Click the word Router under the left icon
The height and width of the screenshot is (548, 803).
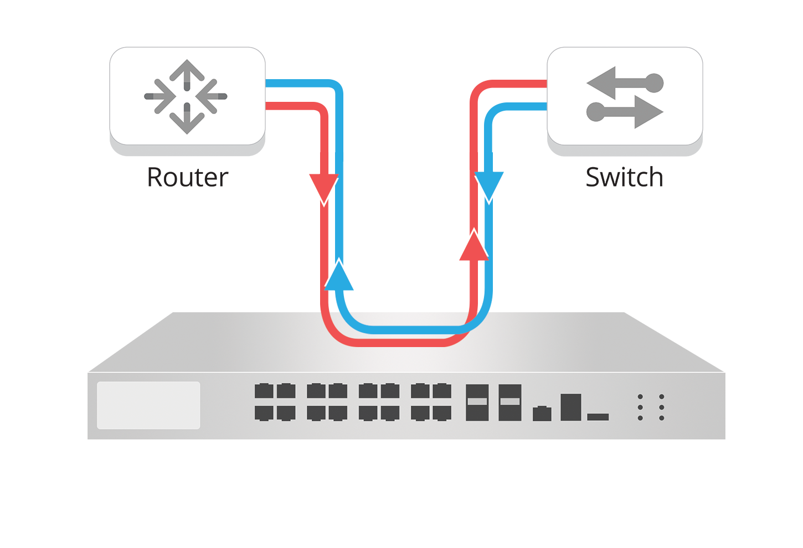[187, 178]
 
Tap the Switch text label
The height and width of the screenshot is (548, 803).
[624, 178]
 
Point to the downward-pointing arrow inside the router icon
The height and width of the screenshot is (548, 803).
[187, 121]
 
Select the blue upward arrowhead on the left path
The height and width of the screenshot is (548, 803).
[338, 275]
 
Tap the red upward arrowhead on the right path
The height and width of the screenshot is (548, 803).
[474, 245]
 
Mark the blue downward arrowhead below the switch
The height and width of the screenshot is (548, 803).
[489, 186]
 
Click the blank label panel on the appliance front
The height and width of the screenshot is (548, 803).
[148, 405]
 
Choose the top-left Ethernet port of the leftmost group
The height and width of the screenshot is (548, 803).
[264, 391]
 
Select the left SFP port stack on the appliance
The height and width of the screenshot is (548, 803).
[477, 402]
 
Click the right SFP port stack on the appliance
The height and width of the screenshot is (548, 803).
[509, 402]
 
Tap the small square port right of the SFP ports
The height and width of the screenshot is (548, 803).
[542, 413]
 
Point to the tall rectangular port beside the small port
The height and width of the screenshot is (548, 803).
[570, 407]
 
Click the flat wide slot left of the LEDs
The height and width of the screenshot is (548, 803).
[598, 416]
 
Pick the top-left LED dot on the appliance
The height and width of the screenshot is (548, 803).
[640, 397]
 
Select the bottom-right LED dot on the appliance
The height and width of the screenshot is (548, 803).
[661, 418]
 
